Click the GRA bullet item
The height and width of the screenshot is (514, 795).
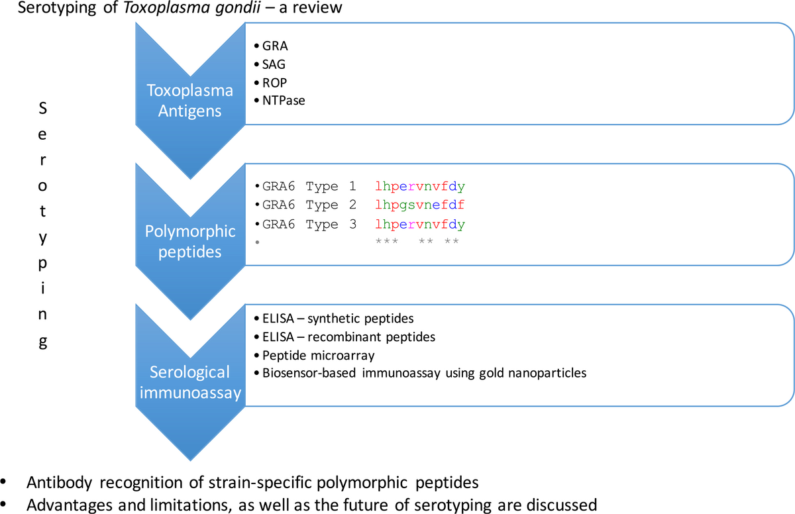[x=275, y=47]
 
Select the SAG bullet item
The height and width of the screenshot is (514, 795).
[x=274, y=65]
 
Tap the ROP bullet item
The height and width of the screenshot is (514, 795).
[x=275, y=83]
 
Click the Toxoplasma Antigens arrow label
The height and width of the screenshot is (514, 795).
[x=190, y=101]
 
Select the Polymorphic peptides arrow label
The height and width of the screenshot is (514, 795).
[x=191, y=241]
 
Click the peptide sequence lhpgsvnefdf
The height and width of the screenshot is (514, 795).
[x=419, y=205]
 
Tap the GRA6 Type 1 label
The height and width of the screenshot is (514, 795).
[x=309, y=187]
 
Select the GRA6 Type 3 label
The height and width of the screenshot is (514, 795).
[x=309, y=224]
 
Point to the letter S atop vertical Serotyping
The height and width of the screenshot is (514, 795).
[x=43, y=111]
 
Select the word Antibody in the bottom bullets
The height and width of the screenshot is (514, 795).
[x=54, y=481]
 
